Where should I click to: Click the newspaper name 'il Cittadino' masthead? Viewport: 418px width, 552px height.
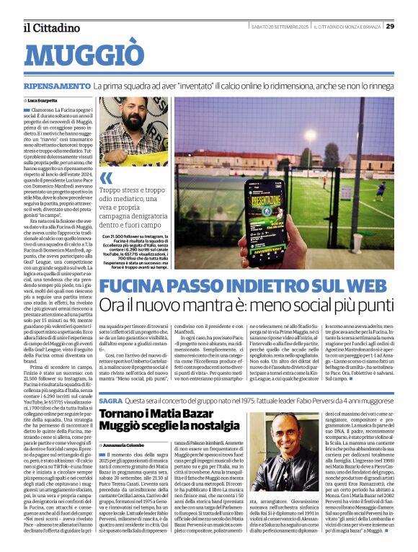[51, 27]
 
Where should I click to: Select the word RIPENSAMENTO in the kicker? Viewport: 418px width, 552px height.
[55, 86]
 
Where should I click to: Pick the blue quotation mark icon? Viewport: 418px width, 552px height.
[107, 177]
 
